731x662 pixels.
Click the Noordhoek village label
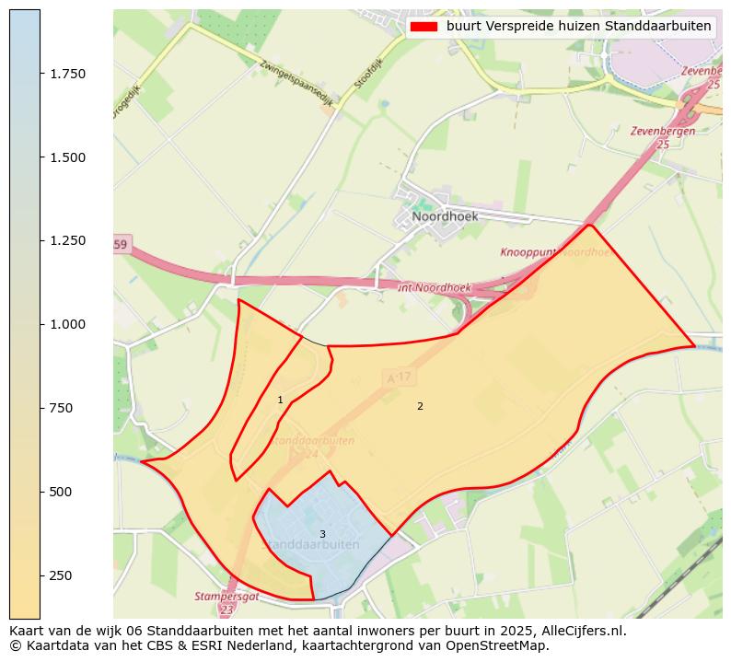(445, 216)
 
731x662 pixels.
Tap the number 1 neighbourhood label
(280, 400)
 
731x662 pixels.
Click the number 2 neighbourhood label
(420, 406)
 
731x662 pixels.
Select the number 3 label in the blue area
(322, 534)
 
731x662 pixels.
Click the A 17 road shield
(397, 377)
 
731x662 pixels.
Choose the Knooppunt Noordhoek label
(556, 252)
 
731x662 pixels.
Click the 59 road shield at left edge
(122, 244)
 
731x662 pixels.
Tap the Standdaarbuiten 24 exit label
(313, 447)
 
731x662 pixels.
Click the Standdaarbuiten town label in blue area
(310, 545)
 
